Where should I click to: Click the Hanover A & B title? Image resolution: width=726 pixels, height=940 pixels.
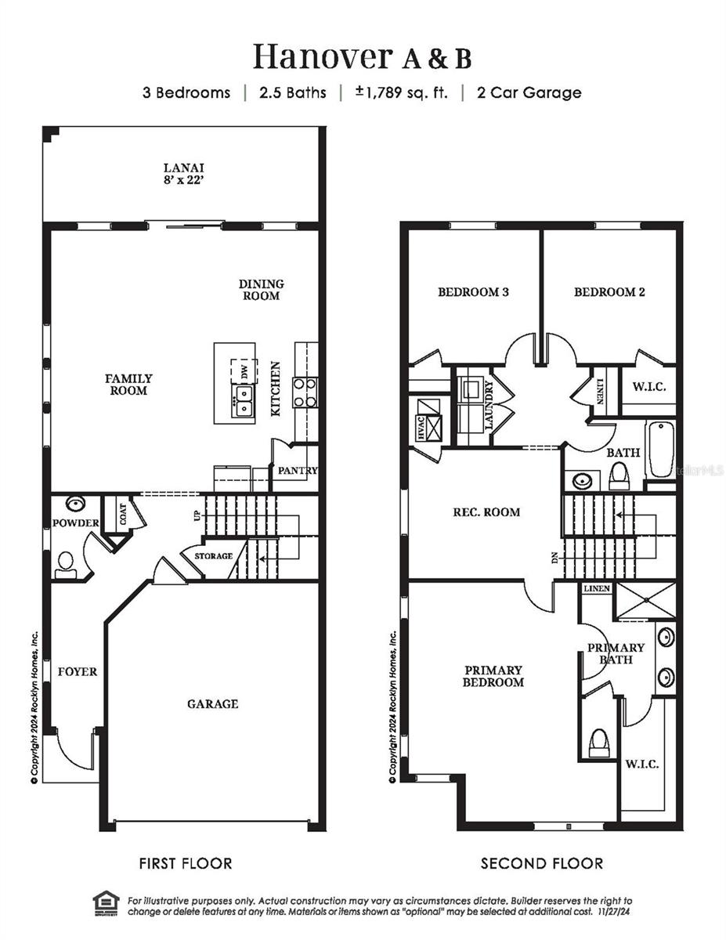[x=362, y=57]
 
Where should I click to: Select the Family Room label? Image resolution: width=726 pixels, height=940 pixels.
[x=128, y=384]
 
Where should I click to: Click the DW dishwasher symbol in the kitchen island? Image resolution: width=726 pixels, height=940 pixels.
[x=244, y=371]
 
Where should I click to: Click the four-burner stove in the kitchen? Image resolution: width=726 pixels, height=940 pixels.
[x=305, y=392]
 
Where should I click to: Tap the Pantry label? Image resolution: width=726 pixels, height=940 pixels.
[x=298, y=471]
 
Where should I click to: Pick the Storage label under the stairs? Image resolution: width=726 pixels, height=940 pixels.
[x=213, y=556]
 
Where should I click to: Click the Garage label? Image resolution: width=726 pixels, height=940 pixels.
[x=212, y=704]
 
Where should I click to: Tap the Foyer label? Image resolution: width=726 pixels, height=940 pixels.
[x=78, y=671]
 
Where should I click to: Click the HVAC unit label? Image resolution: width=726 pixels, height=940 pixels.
[x=420, y=430]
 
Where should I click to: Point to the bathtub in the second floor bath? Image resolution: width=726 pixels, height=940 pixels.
[x=659, y=450]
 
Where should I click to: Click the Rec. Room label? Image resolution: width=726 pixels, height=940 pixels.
[x=486, y=512]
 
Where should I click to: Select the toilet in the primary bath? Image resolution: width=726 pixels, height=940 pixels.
[x=599, y=743]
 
